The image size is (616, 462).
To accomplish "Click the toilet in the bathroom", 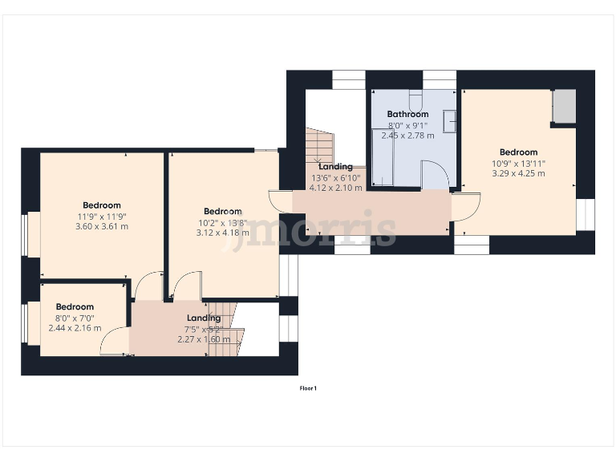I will click(416, 101).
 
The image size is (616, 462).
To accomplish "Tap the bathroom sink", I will click(451, 121).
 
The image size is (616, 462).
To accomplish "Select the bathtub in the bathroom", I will click(383, 157).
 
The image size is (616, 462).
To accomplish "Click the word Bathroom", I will click(408, 115).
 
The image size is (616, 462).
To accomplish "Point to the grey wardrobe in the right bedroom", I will click(565, 107).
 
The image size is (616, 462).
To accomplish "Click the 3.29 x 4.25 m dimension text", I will click(518, 173).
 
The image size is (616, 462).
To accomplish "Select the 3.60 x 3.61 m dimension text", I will click(101, 226).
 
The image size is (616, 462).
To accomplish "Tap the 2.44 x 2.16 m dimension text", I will click(74, 328).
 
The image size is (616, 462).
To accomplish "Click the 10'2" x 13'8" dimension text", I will click(222, 223).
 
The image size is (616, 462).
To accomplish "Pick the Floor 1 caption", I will click(308, 389).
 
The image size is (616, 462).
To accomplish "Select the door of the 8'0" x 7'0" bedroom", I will click(114, 342).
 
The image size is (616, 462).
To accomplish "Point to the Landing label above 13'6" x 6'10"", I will click(335, 167).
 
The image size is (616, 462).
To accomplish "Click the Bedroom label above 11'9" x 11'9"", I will click(101, 205).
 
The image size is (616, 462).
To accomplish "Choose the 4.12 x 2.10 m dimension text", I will click(336, 188).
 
